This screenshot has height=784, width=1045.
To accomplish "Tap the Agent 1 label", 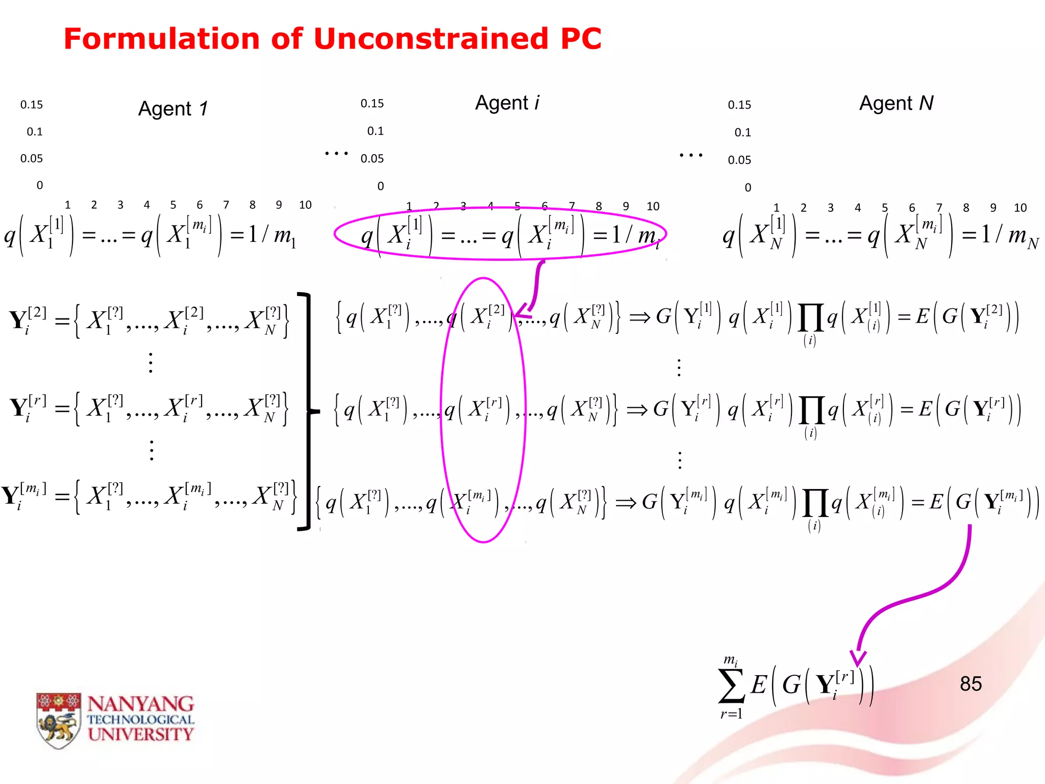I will [x=173, y=109].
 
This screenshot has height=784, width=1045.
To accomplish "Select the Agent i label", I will [x=507, y=103].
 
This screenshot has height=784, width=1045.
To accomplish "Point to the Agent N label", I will [x=896, y=104].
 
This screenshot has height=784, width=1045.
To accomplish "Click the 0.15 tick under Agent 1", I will [x=32, y=105].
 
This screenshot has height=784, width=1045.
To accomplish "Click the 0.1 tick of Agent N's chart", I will [x=742, y=133].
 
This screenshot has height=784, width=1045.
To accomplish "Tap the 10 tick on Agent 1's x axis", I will [x=305, y=205].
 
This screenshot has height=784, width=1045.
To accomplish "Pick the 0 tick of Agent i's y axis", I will [x=381, y=186].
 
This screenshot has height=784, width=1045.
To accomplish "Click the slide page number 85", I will [x=971, y=684].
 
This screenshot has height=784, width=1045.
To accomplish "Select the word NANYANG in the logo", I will [x=140, y=704].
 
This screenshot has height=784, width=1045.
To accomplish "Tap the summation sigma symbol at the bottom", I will [x=731, y=687].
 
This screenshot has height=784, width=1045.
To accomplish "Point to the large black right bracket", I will [x=306, y=411].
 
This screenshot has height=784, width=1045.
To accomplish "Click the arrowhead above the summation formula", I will [x=858, y=658].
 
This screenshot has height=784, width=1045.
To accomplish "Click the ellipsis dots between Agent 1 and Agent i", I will [x=336, y=153].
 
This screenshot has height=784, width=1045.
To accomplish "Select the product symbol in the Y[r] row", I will [x=811, y=410].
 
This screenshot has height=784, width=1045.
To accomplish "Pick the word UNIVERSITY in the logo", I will [x=140, y=734].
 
